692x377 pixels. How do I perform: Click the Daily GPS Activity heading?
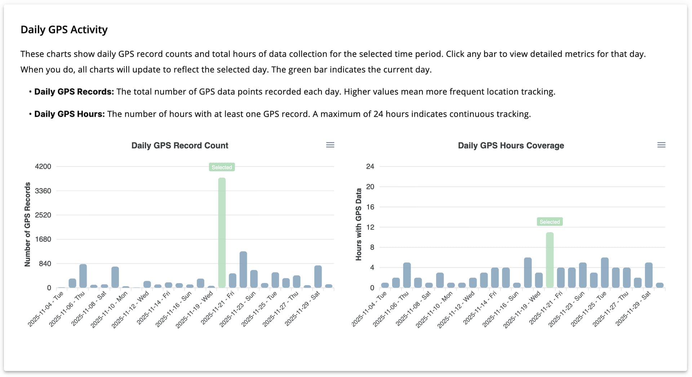pyautogui.click(x=64, y=30)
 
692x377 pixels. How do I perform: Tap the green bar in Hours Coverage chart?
pyautogui.click(x=550, y=260)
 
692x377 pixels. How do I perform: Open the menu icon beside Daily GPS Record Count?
pyautogui.click(x=330, y=145)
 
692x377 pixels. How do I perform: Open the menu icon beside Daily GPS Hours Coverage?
pyautogui.click(x=661, y=145)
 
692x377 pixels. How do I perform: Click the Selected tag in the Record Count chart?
pyautogui.click(x=222, y=167)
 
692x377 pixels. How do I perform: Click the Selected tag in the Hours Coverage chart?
pyautogui.click(x=550, y=222)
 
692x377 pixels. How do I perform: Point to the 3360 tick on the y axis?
pyautogui.click(x=43, y=191)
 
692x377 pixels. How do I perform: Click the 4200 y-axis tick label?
pyautogui.click(x=43, y=167)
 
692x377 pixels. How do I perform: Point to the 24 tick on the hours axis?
pyautogui.click(x=370, y=167)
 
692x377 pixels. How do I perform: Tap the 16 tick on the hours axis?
pyautogui.click(x=370, y=207)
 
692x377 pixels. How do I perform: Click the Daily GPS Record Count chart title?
pyautogui.click(x=179, y=145)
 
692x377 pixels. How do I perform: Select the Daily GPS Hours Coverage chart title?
pyautogui.click(x=511, y=145)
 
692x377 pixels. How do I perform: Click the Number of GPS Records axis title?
pyautogui.click(x=27, y=224)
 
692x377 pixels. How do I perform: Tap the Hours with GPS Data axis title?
pyautogui.click(x=358, y=224)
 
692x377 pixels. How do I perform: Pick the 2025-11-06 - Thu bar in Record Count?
pyautogui.click(x=83, y=276)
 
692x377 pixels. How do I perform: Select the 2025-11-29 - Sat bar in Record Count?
pyautogui.click(x=318, y=277)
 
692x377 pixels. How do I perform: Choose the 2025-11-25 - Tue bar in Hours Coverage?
pyautogui.click(x=605, y=273)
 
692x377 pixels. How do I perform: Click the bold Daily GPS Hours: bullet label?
pyautogui.click(x=70, y=114)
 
